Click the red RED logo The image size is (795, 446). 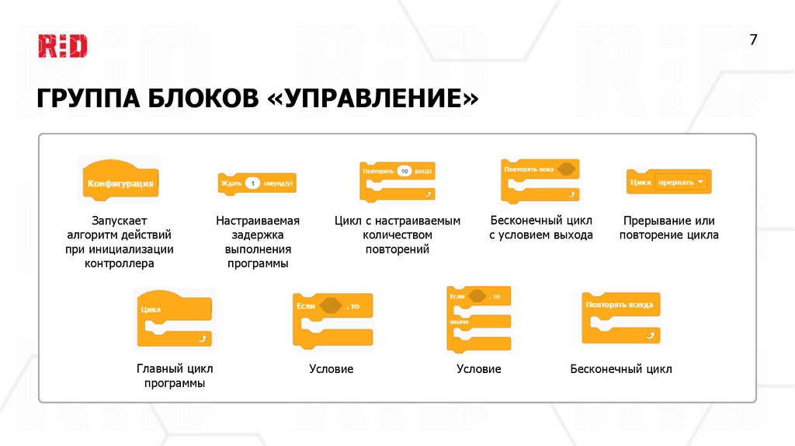[x=63, y=46]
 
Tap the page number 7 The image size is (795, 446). [x=752, y=40]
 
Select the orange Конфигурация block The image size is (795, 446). [x=120, y=184]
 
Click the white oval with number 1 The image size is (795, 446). [x=252, y=184]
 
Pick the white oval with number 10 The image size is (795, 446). [x=404, y=169]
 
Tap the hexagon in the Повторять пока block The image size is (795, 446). [x=567, y=169]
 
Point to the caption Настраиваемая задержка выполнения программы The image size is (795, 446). [x=258, y=242]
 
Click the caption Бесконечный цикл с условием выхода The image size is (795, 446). [x=540, y=228]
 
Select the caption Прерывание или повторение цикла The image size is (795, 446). [x=668, y=228]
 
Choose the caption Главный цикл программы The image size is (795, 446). [x=175, y=376]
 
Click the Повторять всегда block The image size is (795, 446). [x=622, y=316]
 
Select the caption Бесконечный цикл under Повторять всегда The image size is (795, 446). [x=620, y=369]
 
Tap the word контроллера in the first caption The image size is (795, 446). [x=120, y=263]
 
